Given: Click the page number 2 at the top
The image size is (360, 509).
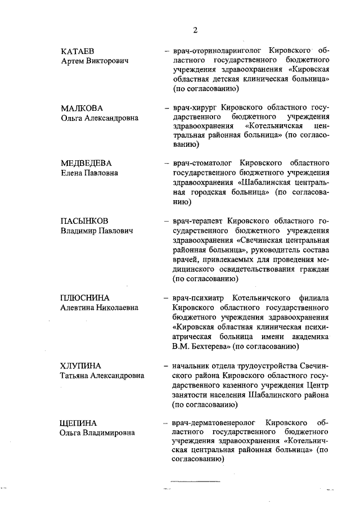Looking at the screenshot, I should (195, 30).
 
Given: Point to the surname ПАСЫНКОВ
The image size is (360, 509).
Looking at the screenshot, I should (85, 220).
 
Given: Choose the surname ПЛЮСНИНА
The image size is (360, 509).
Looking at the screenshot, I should (85, 298).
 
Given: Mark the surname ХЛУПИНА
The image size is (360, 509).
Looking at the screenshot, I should (81, 366).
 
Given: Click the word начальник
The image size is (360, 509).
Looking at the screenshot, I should (193, 366).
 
